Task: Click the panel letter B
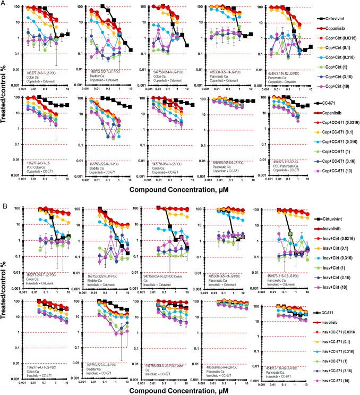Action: [x=4, y=204]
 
